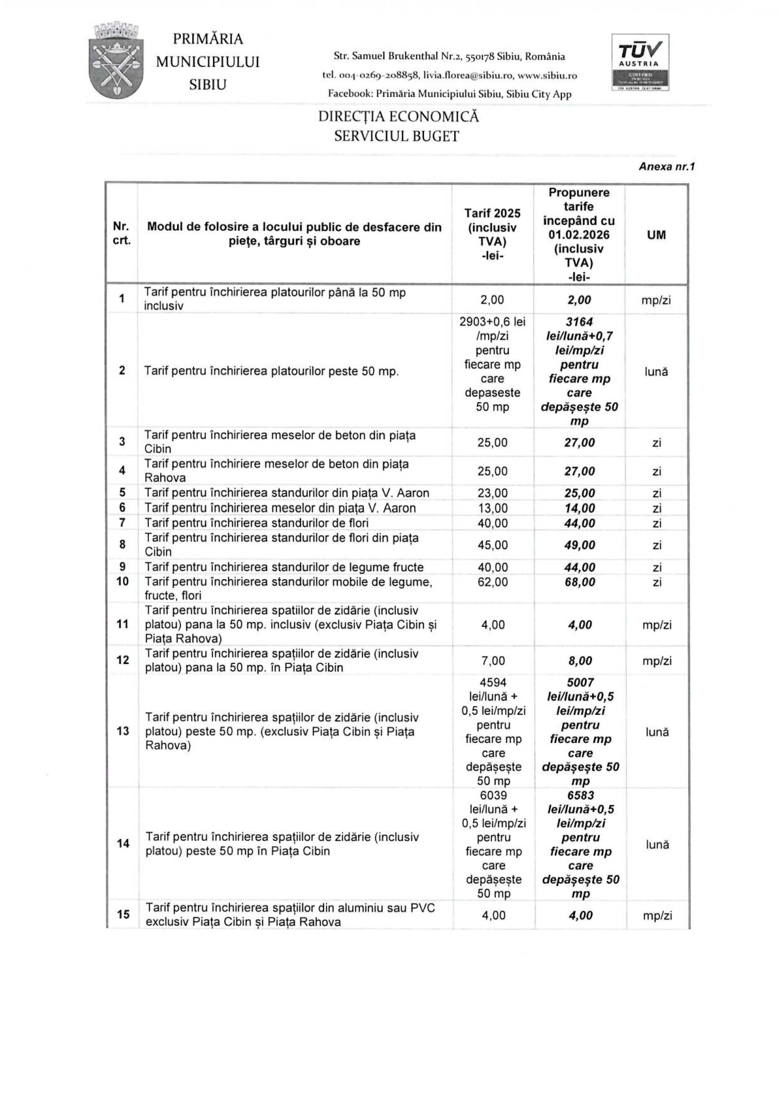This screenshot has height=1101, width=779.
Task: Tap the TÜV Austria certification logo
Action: pos(640,62)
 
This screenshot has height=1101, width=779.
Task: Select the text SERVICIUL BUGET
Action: pos(396,137)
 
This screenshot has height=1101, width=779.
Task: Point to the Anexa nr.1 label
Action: pos(667,166)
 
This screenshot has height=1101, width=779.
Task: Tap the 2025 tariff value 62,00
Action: pos(493,582)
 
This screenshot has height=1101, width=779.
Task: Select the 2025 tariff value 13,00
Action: pos(493,508)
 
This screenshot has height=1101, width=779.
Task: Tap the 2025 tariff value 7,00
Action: pos(493,661)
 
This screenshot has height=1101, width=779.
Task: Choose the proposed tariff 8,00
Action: pos(580,661)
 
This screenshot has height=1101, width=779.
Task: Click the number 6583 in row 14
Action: pos(580,795)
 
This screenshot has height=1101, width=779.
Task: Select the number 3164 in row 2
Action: pos(579,322)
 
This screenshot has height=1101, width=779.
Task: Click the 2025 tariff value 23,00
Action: pos(493,493)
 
